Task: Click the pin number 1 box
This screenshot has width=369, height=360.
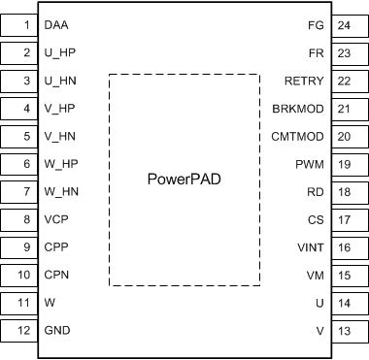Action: click(25, 23)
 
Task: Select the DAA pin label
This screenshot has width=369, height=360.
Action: click(57, 23)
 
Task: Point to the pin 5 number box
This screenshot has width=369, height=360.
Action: click(25, 136)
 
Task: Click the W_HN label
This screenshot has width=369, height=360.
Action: click(61, 192)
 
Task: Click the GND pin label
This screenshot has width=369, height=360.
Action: click(58, 332)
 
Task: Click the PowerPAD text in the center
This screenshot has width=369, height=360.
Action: click(184, 180)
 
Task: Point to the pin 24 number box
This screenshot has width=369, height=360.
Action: click(344, 23)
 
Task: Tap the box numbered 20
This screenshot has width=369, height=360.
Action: click(344, 136)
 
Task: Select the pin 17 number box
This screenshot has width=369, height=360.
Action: click(344, 220)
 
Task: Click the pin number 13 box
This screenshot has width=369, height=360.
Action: click(344, 332)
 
